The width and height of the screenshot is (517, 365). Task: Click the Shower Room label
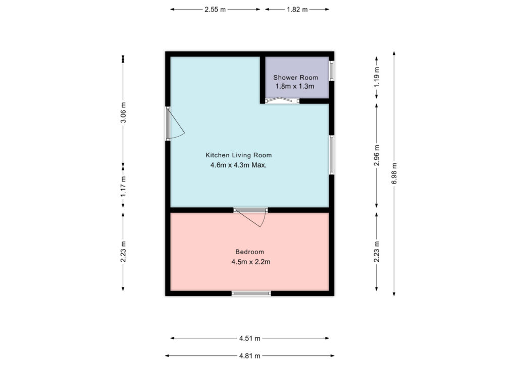pos(295,78)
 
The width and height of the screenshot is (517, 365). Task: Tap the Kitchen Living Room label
pos(239,155)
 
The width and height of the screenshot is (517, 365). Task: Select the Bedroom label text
pos(249,252)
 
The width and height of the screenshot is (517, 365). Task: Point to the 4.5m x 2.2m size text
pos(251,262)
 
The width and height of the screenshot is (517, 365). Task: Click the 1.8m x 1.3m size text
pos(295,87)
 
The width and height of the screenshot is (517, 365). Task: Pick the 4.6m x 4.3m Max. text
pos(238,165)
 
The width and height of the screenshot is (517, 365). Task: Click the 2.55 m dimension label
pos(215,10)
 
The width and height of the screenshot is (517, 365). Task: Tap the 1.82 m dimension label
pos(297,10)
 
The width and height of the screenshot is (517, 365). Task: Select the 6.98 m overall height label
pos(394,173)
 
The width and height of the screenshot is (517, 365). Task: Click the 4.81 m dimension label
pos(249,356)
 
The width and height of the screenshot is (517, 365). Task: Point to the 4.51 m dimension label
pos(249,338)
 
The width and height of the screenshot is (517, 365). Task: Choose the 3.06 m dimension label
pos(123,112)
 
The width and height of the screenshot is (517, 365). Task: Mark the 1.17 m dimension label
pos(123,187)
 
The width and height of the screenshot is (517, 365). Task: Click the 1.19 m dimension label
pos(377,78)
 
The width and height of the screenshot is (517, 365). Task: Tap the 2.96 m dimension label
pos(377,155)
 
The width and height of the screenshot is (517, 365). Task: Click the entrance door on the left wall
pos(175,124)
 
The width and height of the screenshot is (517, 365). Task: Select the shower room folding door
pos(281,100)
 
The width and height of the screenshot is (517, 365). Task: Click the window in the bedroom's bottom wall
pos(251,293)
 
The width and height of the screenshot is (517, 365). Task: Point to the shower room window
pos(332,71)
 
